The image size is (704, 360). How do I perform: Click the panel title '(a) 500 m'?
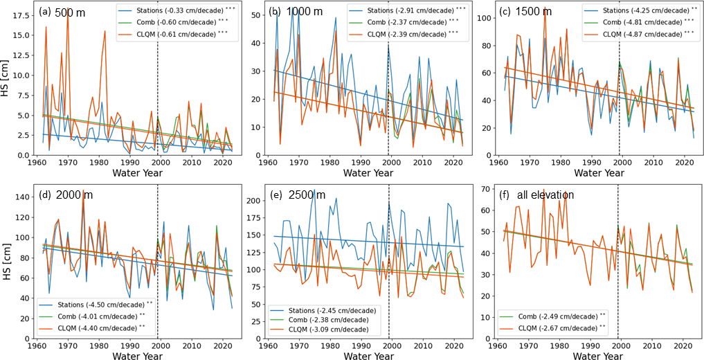click(59, 12)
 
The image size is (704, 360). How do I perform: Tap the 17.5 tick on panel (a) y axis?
click(21, 14)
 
